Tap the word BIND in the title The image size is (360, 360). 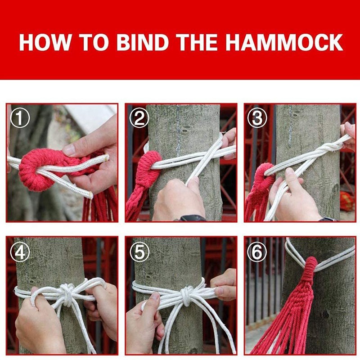pyautogui.click(x=143, y=42)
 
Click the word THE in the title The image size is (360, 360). pyautogui.click(x=197, y=42)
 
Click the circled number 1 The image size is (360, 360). pyautogui.click(x=20, y=118)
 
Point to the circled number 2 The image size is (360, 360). pyautogui.click(x=139, y=118)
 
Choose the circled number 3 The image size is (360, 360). pyautogui.click(x=257, y=118)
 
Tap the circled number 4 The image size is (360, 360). pyautogui.click(x=20, y=252)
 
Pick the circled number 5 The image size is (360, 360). pyautogui.click(x=139, y=252)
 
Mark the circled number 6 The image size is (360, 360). pyautogui.click(x=257, y=252)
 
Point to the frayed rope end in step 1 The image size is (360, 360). pyautogui.click(x=90, y=195)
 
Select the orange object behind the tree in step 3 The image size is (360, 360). pyautogui.click(x=346, y=201)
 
